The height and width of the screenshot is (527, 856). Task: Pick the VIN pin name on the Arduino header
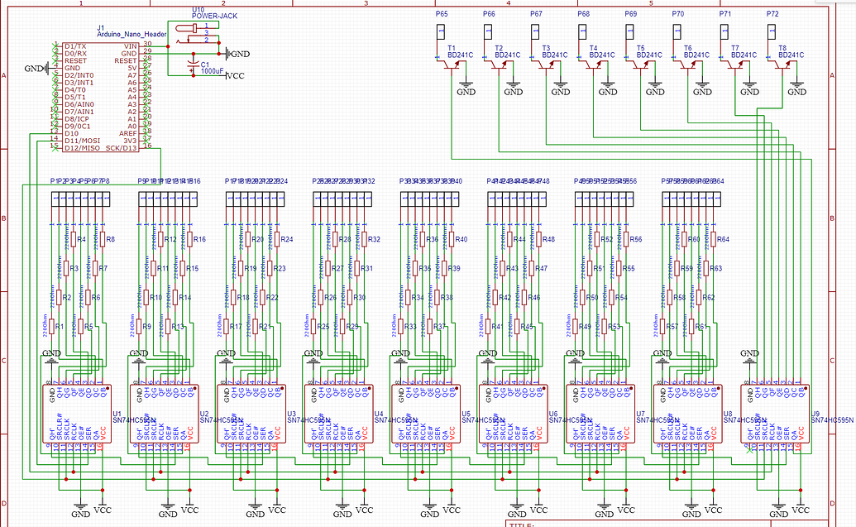click(130, 46)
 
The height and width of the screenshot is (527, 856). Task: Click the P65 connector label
click(442, 15)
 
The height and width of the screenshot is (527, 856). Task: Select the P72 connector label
click(772, 15)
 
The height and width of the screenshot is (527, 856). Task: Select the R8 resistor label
click(110, 239)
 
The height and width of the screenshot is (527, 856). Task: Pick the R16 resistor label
click(198, 239)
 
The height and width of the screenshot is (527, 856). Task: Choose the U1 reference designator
click(117, 413)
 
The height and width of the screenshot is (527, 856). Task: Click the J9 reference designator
click(815, 413)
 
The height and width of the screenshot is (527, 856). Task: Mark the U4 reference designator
click(379, 413)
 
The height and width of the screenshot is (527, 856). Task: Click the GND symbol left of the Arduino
click(36, 68)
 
